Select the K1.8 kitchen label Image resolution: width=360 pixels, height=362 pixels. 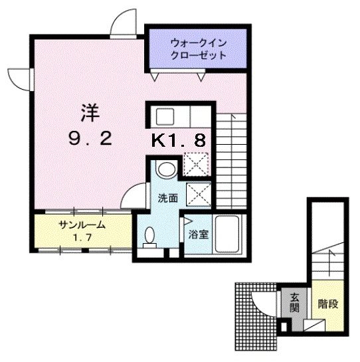(179, 140)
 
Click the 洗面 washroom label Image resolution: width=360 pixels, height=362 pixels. (167, 198)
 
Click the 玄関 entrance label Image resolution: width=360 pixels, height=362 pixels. (294, 304)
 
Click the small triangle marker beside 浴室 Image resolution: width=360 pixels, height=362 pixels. (188, 221)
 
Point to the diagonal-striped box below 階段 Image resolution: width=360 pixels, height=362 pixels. (314, 325)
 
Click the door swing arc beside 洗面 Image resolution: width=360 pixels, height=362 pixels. (135, 193)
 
